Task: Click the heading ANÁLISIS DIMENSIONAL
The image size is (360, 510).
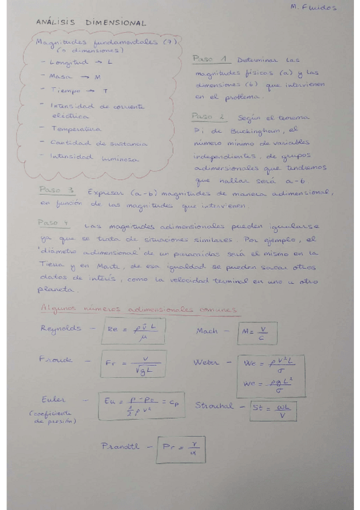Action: pos(91,23)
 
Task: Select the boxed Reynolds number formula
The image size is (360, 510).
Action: pos(133,331)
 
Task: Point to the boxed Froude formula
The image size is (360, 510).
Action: pos(133,364)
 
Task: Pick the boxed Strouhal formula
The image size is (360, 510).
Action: pos(265,409)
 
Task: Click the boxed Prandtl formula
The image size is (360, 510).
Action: pos(180,449)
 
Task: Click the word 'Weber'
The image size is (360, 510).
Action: pos(208,363)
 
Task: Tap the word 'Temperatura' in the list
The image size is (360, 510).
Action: pos(76,129)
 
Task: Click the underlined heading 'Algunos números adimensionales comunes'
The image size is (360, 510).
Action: pos(138,309)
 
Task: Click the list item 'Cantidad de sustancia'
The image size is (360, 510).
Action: pos(91,143)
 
